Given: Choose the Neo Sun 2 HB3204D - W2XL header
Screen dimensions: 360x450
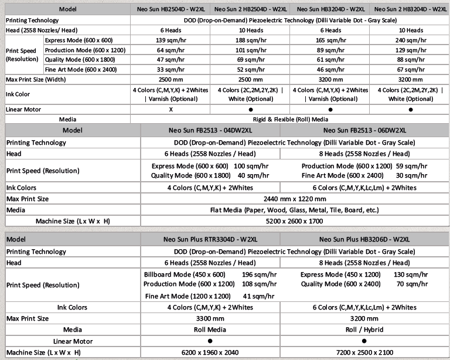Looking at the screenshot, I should (407, 9).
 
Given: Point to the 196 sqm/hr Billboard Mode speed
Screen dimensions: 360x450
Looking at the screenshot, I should (255, 274).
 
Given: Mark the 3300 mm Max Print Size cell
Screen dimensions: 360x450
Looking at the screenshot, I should (210, 318).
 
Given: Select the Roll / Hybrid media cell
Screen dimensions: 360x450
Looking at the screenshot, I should (364, 330).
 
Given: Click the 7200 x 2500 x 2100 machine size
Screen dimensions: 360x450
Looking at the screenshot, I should (364, 352).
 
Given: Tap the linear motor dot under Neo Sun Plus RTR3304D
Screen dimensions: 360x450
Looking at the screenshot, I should (210, 341).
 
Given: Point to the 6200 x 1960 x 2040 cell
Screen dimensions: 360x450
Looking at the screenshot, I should (210, 352).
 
